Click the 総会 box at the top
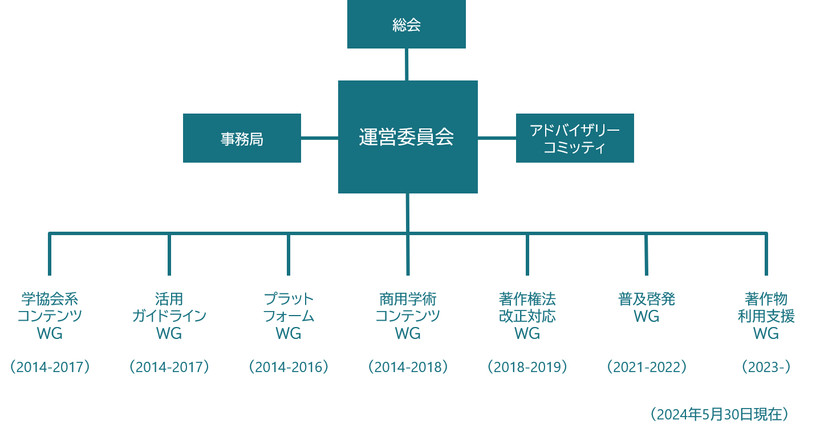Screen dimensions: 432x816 pos(406,25)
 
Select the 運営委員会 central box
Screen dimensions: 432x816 pos(407,137)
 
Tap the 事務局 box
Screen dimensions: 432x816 pos(242,139)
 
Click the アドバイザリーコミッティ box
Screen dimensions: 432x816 pos(574,139)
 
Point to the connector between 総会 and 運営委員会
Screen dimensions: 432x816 pos(407,64)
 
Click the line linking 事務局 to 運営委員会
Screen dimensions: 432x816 pos(319,138)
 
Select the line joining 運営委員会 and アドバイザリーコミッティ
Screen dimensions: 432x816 pos(497,138)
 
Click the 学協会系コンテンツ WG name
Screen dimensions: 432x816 pos(50,316)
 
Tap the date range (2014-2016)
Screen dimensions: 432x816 pos(289,367)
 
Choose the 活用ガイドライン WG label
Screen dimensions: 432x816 pos(169,316)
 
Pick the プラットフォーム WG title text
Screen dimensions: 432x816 pos(289,316)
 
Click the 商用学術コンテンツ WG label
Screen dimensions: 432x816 pos(408,316)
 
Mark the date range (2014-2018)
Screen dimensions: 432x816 pos(408,367)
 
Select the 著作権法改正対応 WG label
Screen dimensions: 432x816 pos(527,316)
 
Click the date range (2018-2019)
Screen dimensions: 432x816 pos(527,367)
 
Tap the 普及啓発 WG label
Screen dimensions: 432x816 pos(646,307)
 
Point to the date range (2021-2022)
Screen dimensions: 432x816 pos(646,367)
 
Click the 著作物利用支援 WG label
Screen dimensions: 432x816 pos(766,316)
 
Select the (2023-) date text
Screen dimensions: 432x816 pos(766,367)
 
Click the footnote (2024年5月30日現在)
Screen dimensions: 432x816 pos(719,414)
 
